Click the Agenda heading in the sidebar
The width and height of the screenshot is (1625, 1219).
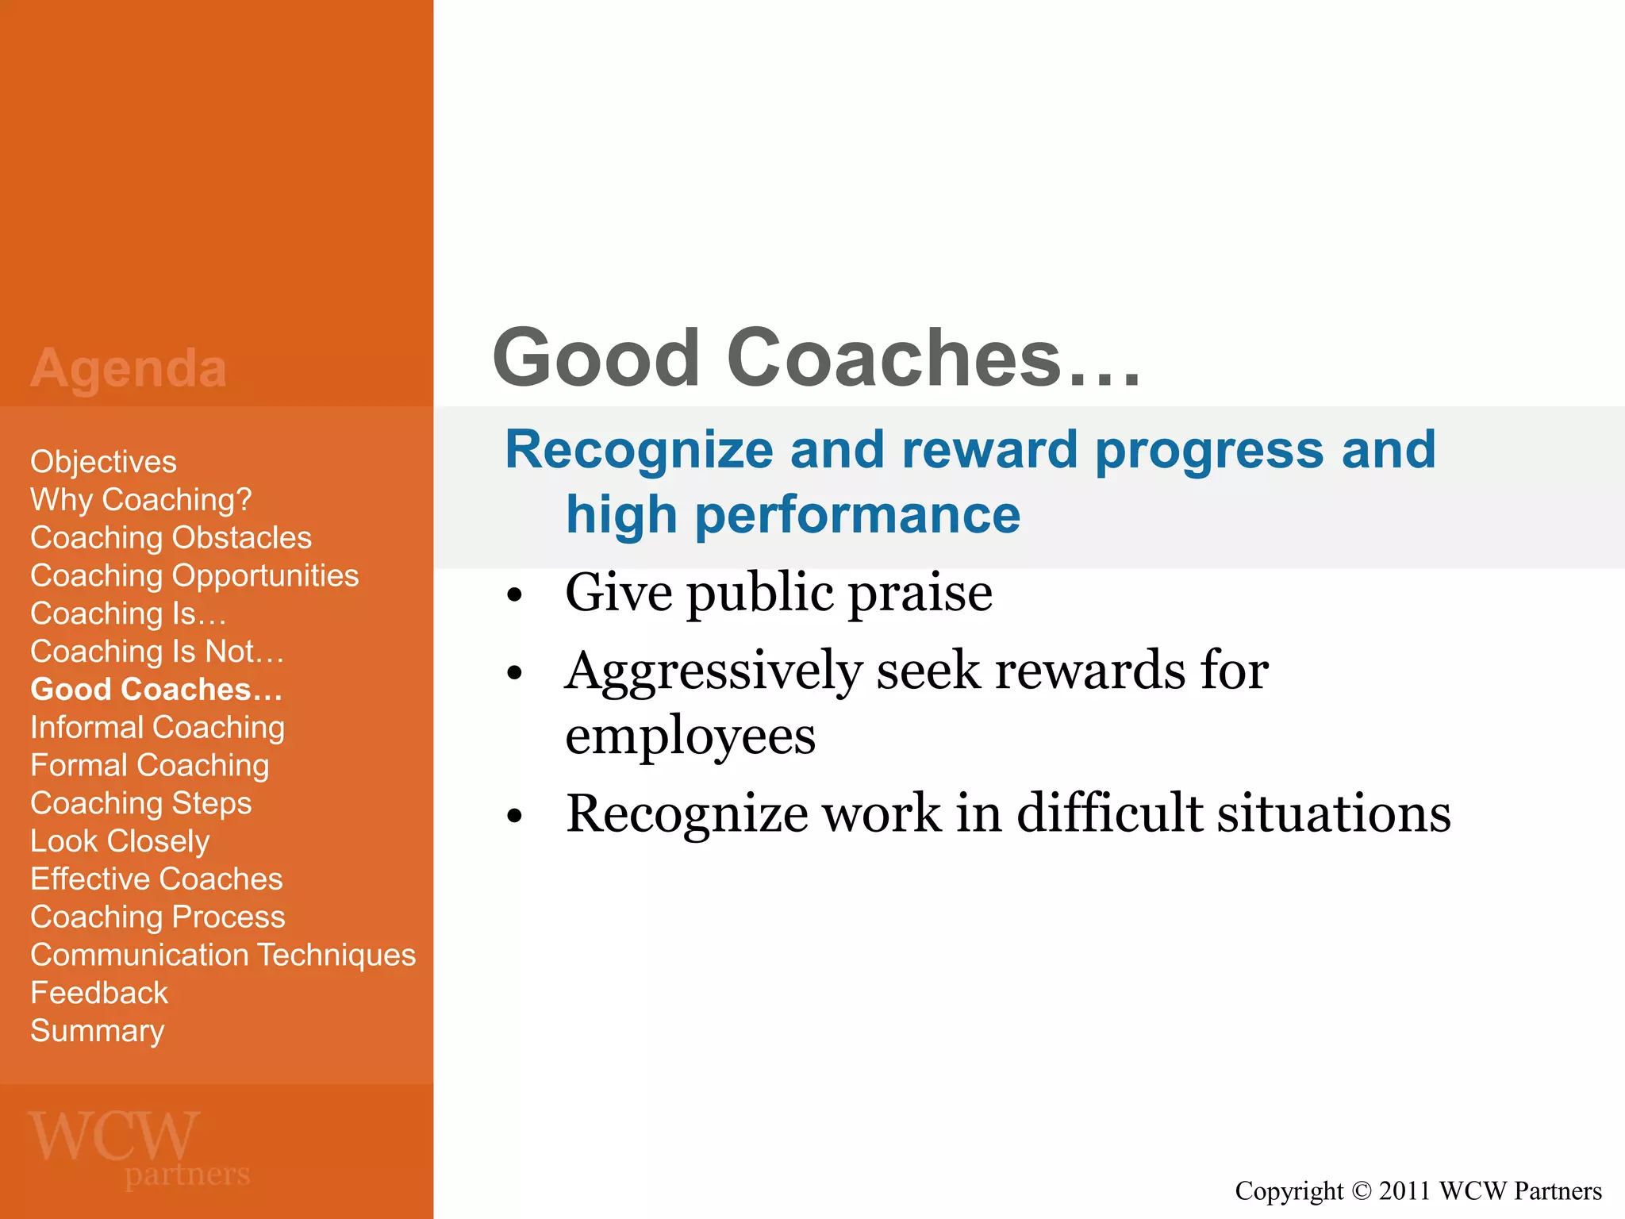pyautogui.click(x=129, y=368)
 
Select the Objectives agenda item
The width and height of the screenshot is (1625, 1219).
pyautogui.click(x=103, y=462)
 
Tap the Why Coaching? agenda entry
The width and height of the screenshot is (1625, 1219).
pyautogui.click(x=140, y=500)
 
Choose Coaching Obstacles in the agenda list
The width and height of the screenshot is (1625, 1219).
pyautogui.click(x=171, y=538)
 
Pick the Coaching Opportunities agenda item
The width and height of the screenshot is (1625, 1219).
pyautogui.click(x=194, y=576)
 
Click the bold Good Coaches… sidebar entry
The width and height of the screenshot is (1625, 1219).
pyautogui.click(x=156, y=690)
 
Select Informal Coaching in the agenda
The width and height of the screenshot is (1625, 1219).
pyautogui.click(x=157, y=728)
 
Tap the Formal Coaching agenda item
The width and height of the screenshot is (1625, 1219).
pyautogui.click(x=149, y=766)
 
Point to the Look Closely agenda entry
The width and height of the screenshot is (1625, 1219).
pyautogui.click(x=120, y=841)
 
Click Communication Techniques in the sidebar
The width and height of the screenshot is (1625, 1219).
pyautogui.click(x=222, y=956)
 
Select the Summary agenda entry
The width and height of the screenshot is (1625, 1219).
pyautogui.click(x=97, y=1031)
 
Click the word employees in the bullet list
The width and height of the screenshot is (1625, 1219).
pyautogui.click(x=690, y=736)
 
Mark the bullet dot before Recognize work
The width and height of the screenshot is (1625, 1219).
pyautogui.click(x=515, y=816)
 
